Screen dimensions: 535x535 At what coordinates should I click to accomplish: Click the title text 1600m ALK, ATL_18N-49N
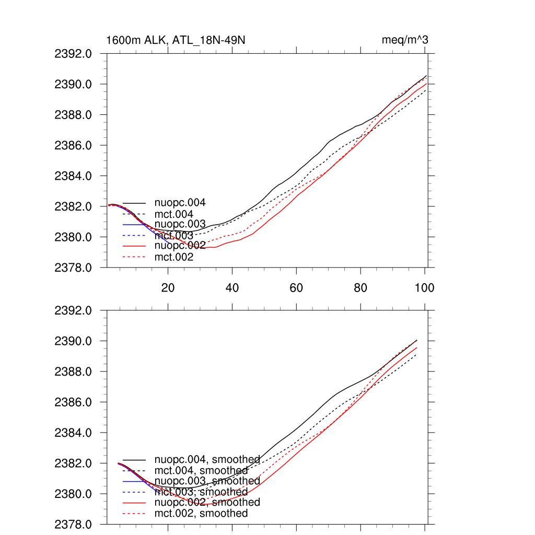click(176, 40)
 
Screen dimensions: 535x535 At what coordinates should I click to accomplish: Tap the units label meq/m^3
click(405, 40)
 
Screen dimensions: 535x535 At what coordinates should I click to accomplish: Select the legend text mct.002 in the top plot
click(173, 257)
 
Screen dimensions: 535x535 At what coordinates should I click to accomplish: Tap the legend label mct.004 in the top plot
click(173, 214)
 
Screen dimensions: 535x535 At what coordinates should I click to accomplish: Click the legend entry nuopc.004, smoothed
click(207, 460)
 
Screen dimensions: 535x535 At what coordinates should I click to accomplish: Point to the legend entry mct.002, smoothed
click(201, 514)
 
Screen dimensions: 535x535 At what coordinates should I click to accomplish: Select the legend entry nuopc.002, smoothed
click(207, 502)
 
